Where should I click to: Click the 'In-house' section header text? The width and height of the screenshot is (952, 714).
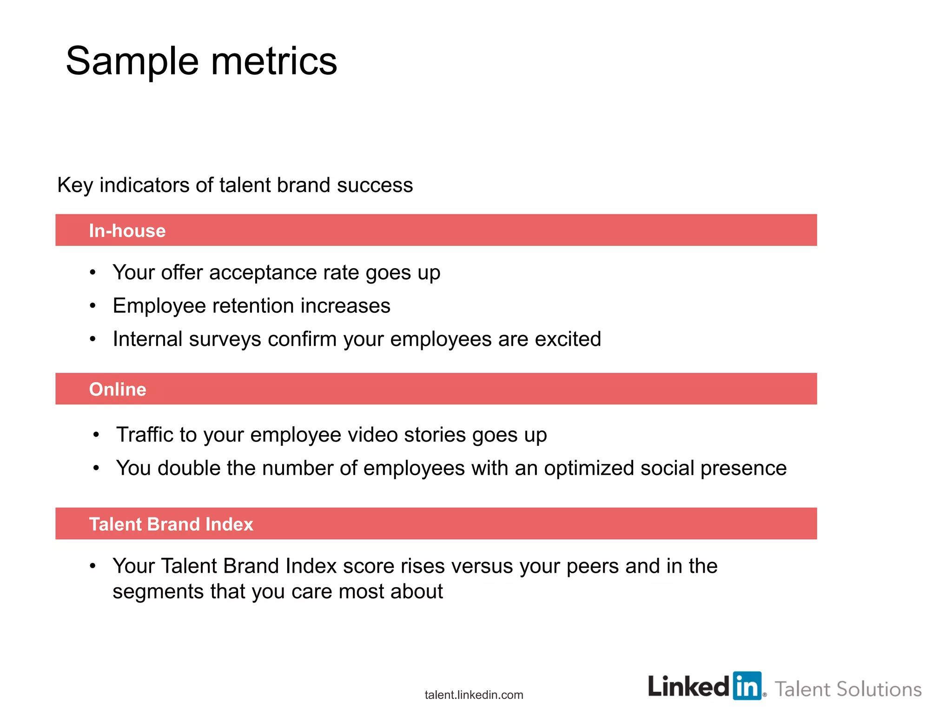click(127, 231)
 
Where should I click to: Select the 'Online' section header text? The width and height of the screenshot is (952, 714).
click(118, 389)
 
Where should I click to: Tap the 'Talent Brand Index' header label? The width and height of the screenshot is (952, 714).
click(171, 524)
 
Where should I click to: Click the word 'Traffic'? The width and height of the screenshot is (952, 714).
click(145, 435)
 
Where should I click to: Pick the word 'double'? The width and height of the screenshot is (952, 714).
click(189, 468)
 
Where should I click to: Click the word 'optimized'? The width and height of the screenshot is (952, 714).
click(589, 468)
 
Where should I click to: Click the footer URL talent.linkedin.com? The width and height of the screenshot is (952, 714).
click(474, 695)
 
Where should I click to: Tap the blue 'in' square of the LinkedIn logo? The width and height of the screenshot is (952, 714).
click(747, 686)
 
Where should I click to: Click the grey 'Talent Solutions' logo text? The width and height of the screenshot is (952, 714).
click(848, 689)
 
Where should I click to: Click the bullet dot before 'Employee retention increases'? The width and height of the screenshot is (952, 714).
click(93, 306)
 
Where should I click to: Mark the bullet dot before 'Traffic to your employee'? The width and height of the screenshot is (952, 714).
click(96, 435)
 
